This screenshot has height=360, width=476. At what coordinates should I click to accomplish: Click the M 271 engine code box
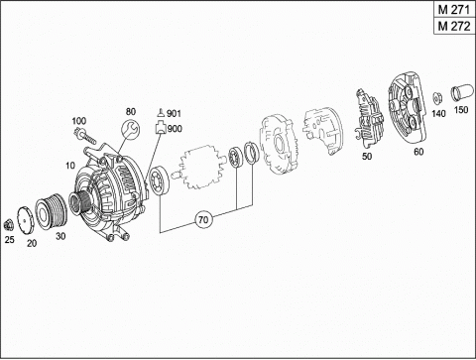454,10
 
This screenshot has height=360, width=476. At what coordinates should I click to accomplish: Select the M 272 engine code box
454,26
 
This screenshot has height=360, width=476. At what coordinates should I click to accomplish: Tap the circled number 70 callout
203,219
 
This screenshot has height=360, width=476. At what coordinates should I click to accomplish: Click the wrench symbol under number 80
131,129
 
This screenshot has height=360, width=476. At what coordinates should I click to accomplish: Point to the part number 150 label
461,109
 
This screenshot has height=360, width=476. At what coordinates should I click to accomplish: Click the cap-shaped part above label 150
460,92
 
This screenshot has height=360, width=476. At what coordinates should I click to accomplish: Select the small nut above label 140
438,98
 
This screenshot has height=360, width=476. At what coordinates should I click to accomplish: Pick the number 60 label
418,152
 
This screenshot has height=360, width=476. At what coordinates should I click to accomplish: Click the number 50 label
367,156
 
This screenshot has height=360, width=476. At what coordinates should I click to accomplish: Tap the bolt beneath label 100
85,136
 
